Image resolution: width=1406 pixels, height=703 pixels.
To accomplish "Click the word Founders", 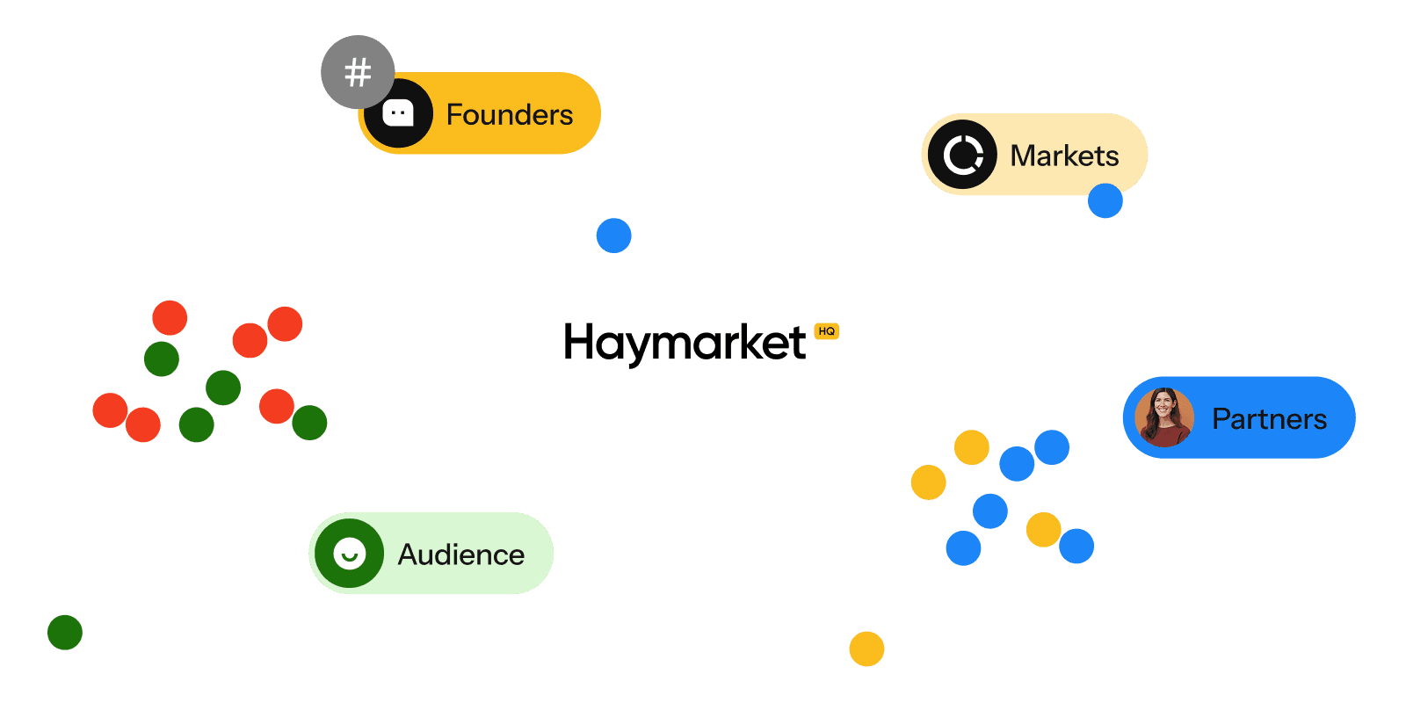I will [509, 114].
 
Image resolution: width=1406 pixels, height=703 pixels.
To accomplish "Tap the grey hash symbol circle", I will [358, 72].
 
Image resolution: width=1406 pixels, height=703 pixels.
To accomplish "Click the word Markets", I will [1064, 156].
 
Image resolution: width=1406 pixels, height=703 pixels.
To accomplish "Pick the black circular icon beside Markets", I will [962, 155].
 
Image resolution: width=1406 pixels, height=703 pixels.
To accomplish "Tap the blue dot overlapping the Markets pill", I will [1105, 201].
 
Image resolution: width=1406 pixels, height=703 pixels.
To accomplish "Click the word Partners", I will [1269, 419].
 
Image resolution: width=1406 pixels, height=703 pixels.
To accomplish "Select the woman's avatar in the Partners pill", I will [1164, 417].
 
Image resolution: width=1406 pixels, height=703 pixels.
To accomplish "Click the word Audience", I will [460, 554].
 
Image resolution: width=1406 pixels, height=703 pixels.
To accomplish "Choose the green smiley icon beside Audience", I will [350, 554].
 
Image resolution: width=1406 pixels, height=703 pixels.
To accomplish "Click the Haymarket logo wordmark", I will [685, 342].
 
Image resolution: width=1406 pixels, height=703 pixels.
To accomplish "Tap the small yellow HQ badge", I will [826, 331].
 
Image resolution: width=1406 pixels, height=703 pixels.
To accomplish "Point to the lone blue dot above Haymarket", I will [613, 236].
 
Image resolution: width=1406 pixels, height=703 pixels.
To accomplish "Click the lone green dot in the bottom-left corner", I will [65, 632].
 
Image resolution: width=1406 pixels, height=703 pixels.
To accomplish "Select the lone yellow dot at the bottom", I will [866, 649].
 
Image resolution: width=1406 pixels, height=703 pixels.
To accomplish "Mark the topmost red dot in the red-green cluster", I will [170, 318].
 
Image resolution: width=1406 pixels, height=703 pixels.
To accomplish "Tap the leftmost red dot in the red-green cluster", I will [110, 410].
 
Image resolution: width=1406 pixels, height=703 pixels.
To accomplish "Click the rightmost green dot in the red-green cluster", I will [309, 423].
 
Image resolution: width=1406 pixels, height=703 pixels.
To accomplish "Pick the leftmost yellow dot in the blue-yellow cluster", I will [928, 482].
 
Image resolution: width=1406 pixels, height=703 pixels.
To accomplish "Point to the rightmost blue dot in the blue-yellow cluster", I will [1076, 546].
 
